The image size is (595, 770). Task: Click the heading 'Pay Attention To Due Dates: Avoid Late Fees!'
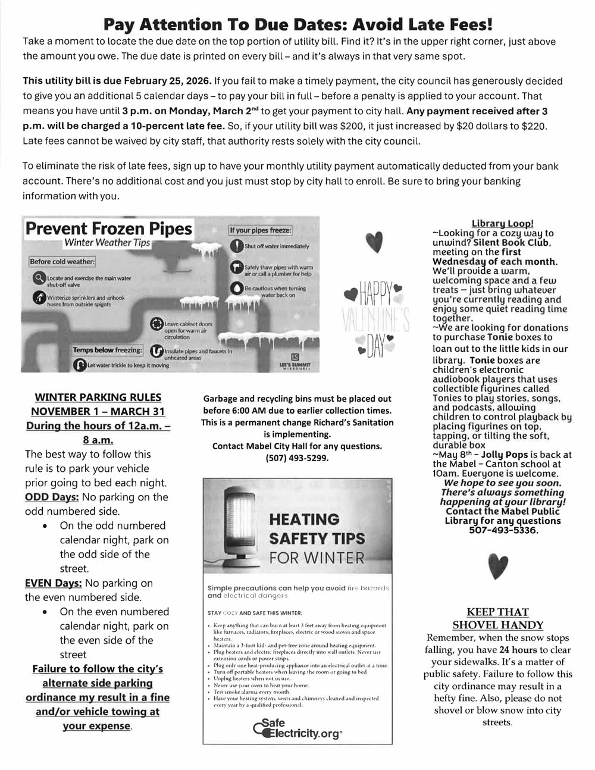297,24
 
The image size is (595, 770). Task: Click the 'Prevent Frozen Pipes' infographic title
109,229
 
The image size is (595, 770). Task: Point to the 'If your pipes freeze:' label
261,230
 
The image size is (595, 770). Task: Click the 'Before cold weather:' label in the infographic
62,262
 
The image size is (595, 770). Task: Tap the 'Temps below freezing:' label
108,350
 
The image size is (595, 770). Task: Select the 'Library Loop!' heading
502,223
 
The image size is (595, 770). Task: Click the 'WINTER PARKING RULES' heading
98,397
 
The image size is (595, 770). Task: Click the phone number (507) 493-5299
297,458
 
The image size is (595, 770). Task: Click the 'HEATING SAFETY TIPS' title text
317,529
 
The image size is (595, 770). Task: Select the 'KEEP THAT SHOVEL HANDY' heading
497,618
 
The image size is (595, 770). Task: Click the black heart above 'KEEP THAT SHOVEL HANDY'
497,565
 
